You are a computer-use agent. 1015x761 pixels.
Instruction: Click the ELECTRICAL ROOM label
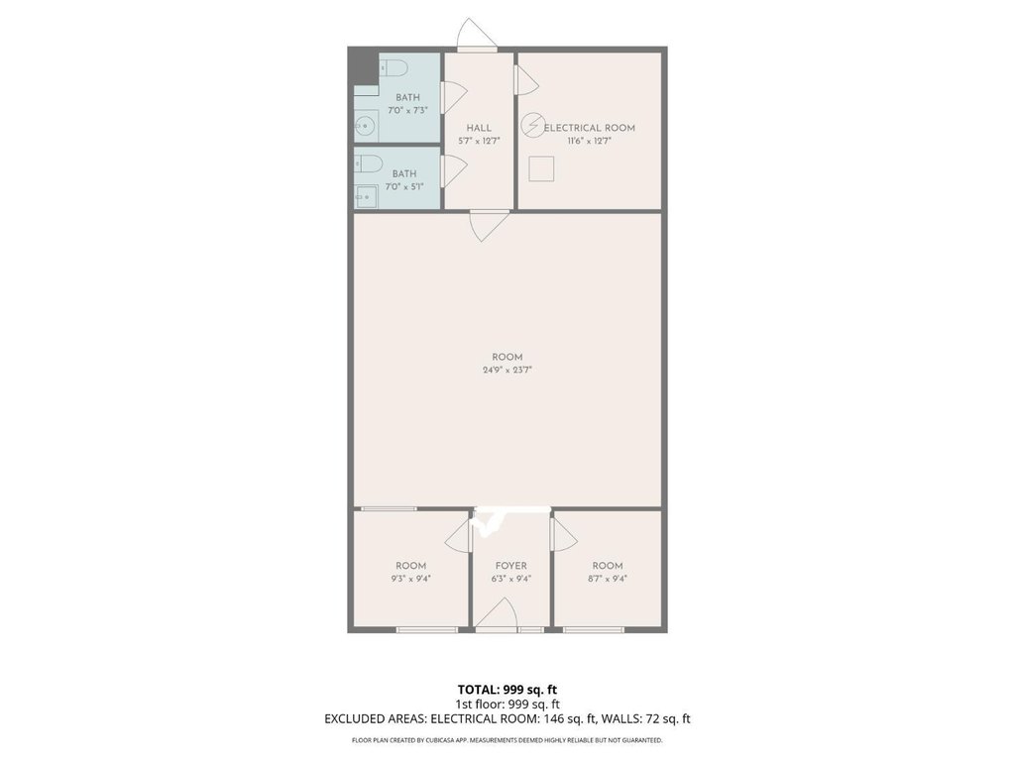590,128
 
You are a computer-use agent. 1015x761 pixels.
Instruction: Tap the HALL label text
479,128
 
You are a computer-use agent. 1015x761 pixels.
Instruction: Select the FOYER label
511,566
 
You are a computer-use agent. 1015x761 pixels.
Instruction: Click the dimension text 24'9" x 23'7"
507,371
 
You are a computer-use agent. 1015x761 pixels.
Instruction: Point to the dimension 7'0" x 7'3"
407,111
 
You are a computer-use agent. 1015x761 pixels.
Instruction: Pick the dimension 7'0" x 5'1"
404,187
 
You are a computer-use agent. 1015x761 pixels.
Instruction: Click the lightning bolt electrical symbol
532,125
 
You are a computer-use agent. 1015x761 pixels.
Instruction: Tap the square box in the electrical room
541,168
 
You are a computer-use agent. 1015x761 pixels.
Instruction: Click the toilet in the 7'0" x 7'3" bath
393,66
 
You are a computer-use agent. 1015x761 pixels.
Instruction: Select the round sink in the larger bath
366,126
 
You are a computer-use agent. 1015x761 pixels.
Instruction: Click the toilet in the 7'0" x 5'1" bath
368,163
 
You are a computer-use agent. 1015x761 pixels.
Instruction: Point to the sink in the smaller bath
365,196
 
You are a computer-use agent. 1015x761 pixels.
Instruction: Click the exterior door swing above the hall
477,34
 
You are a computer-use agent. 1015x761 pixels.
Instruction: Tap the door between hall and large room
490,227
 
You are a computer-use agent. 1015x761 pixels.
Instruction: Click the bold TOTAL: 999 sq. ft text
507,690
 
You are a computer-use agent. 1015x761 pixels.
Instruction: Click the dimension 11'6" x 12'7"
590,141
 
